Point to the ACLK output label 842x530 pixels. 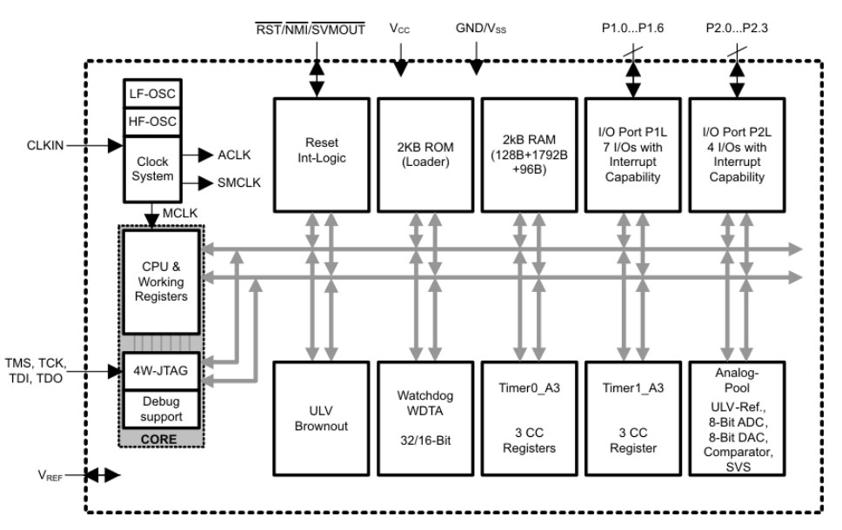click(x=233, y=155)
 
